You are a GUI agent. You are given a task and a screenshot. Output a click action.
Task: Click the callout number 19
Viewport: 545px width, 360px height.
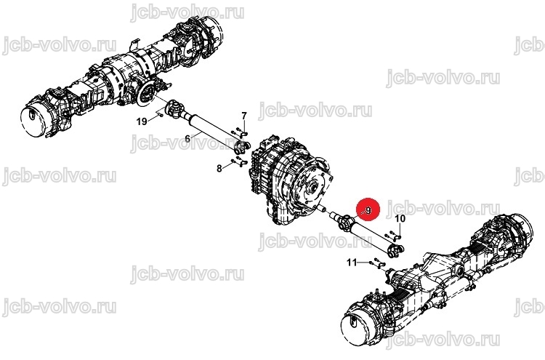pos(142,121)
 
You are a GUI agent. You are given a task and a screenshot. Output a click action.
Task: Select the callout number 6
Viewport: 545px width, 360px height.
pos(187,139)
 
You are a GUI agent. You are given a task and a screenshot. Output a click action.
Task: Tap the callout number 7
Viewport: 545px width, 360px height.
pos(244,116)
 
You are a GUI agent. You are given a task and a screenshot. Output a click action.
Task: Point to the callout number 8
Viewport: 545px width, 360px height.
pos(219,169)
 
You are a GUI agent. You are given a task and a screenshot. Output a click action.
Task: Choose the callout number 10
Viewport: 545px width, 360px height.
pos(400,218)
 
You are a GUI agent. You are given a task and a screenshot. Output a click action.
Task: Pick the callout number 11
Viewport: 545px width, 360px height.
pos(352,262)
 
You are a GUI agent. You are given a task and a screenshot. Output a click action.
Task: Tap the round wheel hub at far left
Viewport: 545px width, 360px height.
pos(32,119)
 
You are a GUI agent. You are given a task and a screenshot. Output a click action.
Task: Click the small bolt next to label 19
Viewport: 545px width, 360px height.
pos(159,113)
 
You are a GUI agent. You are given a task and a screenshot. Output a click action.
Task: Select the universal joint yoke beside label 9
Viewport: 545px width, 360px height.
pos(344,223)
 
